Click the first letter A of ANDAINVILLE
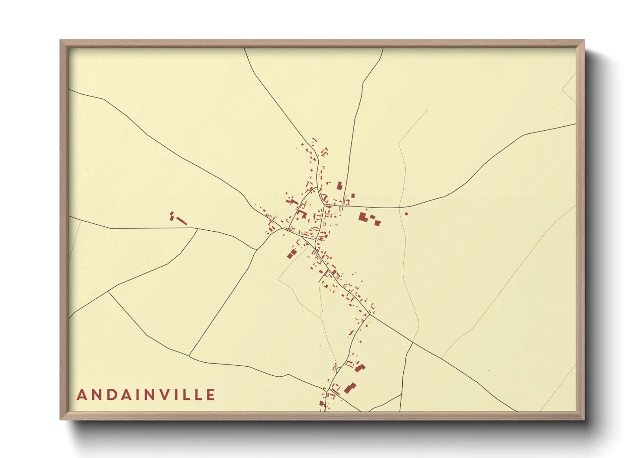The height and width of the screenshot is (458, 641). (81, 395)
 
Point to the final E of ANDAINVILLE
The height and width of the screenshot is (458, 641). (211, 395)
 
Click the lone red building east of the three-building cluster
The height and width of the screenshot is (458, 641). (406, 213)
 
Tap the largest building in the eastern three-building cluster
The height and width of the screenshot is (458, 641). (362, 217)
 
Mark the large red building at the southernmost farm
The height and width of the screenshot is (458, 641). (350, 388)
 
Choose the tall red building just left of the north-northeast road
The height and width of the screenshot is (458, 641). (340, 186)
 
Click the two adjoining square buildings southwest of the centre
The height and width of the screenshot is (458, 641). (291, 253)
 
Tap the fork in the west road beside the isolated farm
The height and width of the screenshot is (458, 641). (197, 229)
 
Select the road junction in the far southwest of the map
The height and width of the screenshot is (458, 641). (108, 292)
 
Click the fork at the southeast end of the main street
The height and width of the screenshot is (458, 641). (370, 315)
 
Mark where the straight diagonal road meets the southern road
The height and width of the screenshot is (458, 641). (189, 356)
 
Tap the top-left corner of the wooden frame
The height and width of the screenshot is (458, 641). (61, 41)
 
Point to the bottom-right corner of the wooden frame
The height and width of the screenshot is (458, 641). (584, 419)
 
